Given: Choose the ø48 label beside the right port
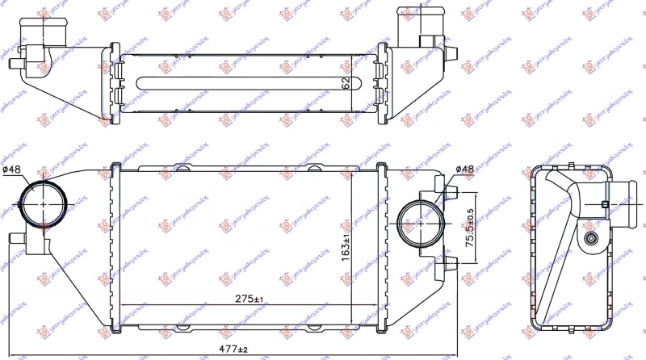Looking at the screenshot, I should (464, 169).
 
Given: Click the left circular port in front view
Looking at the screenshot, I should (41, 205).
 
